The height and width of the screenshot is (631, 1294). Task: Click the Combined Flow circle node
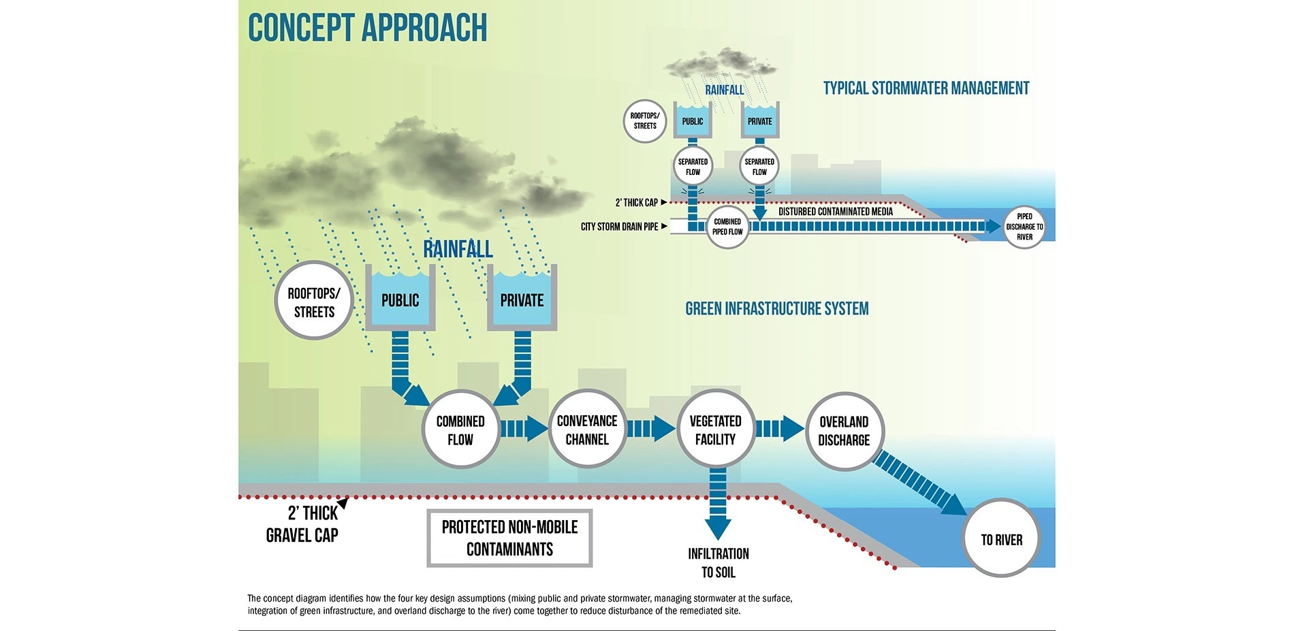pyautogui.click(x=460, y=430)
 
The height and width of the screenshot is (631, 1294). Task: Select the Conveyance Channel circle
pyautogui.click(x=587, y=430)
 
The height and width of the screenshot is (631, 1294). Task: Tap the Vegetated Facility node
pyautogui.click(x=715, y=430)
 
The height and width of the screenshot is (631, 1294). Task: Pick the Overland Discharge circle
pyautogui.click(x=844, y=431)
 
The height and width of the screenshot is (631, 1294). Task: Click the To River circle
pyautogui.click(x=1001, y=539)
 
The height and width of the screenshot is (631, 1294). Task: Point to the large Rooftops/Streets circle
pyautogui.click(x=314, y=301)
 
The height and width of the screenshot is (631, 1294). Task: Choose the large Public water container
pyautogui.click(x=400, y=297)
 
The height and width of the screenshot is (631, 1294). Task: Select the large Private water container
pyautogui.click(x=522, y=297)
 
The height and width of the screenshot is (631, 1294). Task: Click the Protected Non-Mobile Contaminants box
pyautogui.click(x=509, y=538)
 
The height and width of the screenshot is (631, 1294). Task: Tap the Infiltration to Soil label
pyautogui.click(x=719, y=563)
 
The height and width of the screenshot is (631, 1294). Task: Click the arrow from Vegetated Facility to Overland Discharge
pyautogui.click(x=780, y=429)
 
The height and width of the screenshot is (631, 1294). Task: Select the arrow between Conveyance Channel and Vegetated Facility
pyautogui.click(x=651, y=429)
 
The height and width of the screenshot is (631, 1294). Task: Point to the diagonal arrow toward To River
pyautogui.click(x=919, y=483)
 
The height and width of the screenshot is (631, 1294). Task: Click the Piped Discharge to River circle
pyautogui.click(x=1024, y=227)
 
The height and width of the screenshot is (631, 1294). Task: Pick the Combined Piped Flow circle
pyautogui.click(x=727, y=227)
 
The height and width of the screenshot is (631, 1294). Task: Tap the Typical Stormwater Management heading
pyautogui.click(x=926, y=88)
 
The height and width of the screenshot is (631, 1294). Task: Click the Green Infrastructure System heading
pyautogui.click(x=777, y=309)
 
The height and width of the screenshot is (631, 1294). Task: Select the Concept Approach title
pyautogui.click(x=368, y=28)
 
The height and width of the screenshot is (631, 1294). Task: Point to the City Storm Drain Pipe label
pyautogui.click(x=619, y=227)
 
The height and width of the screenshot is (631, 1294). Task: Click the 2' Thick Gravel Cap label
pyautogui.click(x=302, y=524)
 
